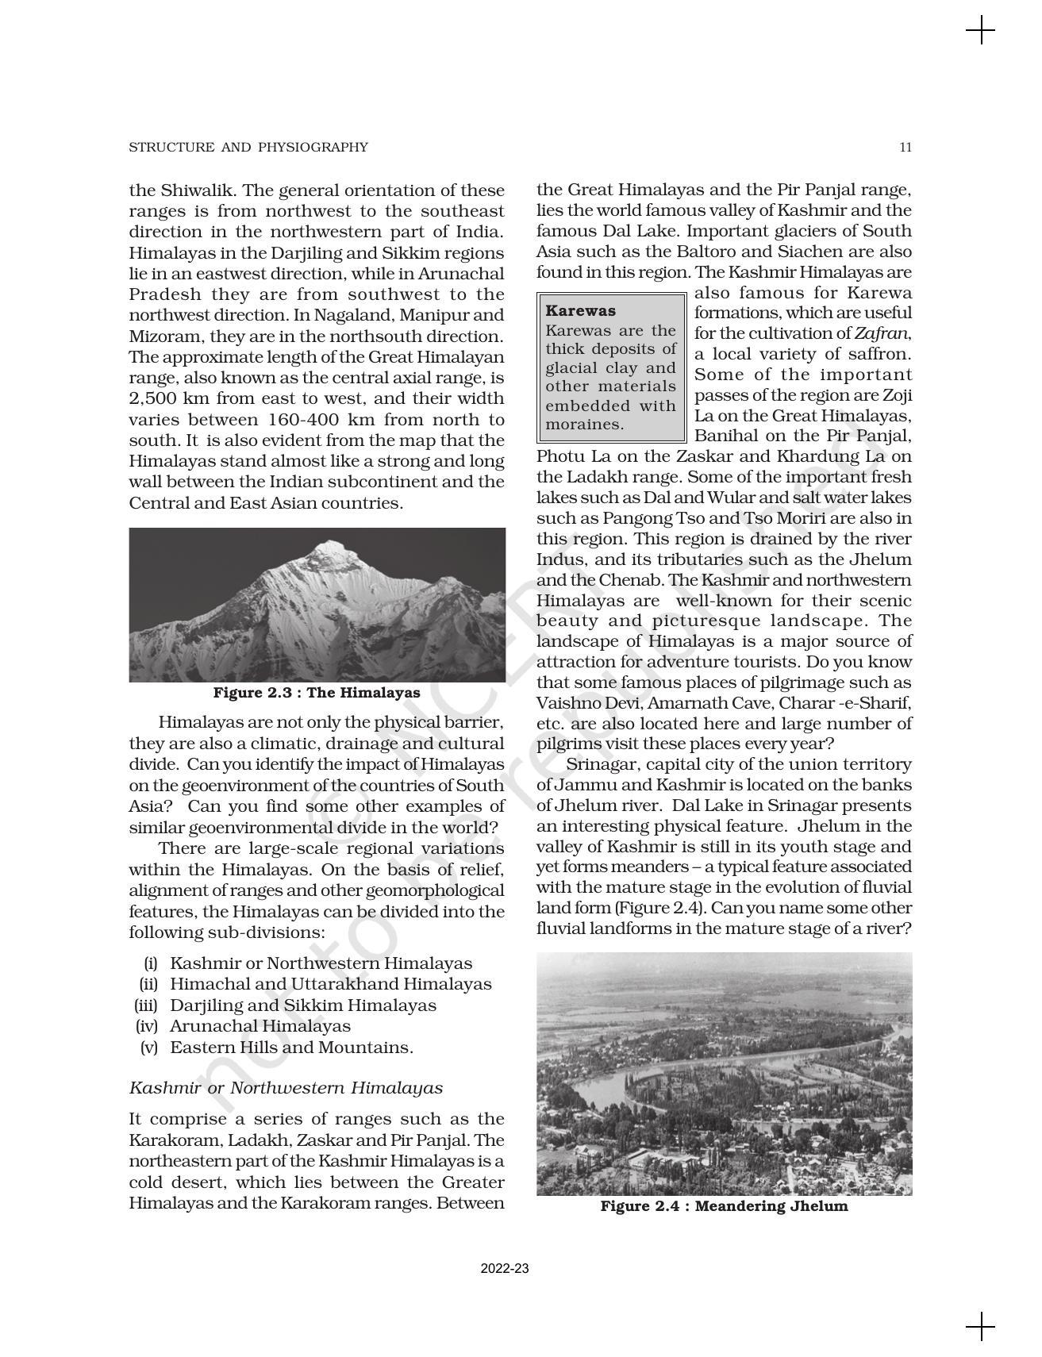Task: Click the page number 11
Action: click(906, 147)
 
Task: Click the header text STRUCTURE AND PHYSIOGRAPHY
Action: click(248, 147)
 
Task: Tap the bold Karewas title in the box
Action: click(581, 310)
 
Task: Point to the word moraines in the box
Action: click(584, 425)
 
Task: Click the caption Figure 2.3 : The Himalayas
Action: click(317, 693)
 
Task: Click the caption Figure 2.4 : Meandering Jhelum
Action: click(724, 1206)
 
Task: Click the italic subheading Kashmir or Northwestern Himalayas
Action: click(286, 1088)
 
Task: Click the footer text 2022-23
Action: click(505, 1268)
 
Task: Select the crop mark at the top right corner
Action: click(981, 32)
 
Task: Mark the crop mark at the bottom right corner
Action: click(981, 1326)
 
